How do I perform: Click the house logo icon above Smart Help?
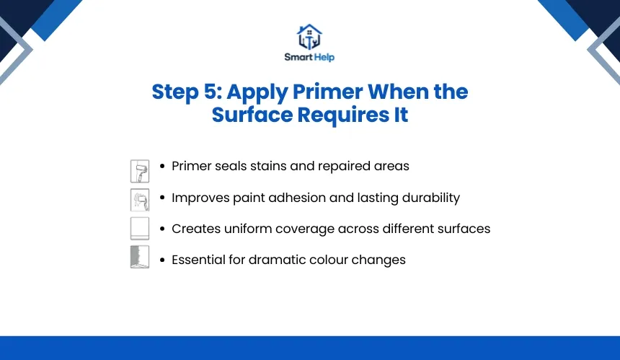click(x=309, y=37)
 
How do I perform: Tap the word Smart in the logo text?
click(x=298, y=57)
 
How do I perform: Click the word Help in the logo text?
click(x=324, y=58)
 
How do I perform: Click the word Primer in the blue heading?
click(x=328, y=92)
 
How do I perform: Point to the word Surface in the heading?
click(x=252, y=115)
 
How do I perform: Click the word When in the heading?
click(x=398, y=92)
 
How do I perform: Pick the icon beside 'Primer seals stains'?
click(x=140, y=171)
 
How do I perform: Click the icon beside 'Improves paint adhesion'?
click(x=140, y=200)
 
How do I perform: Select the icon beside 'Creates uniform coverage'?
click(x=140, y=228)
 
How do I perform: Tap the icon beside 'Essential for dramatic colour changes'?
click(x=140, y=257)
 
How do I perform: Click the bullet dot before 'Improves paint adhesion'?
click(x=162, y=198)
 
